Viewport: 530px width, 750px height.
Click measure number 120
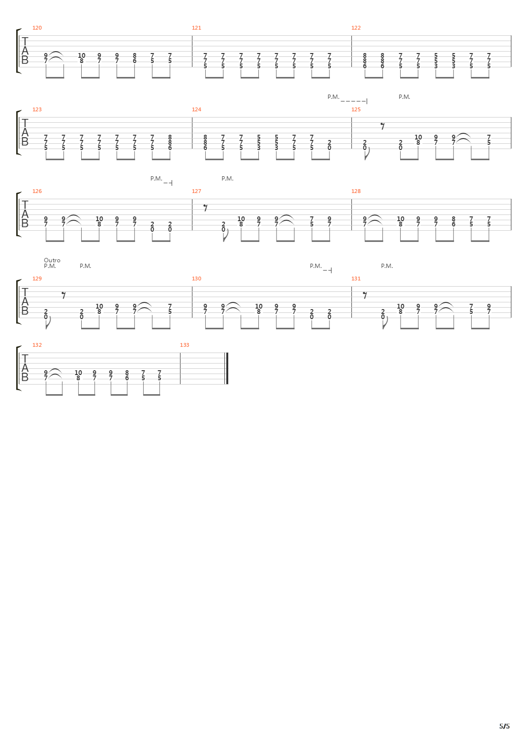coord(37,28)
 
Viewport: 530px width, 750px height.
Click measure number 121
coord(196,28)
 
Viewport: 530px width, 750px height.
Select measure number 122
coord(356,28)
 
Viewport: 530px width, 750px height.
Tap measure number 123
coord(37,109)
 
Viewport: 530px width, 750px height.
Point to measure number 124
coord(196,109)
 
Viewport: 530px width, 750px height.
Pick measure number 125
coord(356,109)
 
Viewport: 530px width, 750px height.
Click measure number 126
coord(37,191)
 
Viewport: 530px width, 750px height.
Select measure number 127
coord(196,191)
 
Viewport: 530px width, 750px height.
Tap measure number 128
coord(356,191)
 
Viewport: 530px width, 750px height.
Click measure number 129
coord(37,279)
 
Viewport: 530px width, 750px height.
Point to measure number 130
coord(196,279)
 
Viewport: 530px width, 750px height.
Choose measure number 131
coord(356,279)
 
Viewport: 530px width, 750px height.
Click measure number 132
coord(37,345)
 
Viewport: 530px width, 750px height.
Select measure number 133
coord(184,345)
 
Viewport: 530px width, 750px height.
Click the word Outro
coord(52,260)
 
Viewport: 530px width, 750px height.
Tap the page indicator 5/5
coord(504,726)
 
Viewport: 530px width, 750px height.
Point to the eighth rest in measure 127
coord(206,208)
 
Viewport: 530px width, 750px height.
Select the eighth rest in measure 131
coord(365,295)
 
